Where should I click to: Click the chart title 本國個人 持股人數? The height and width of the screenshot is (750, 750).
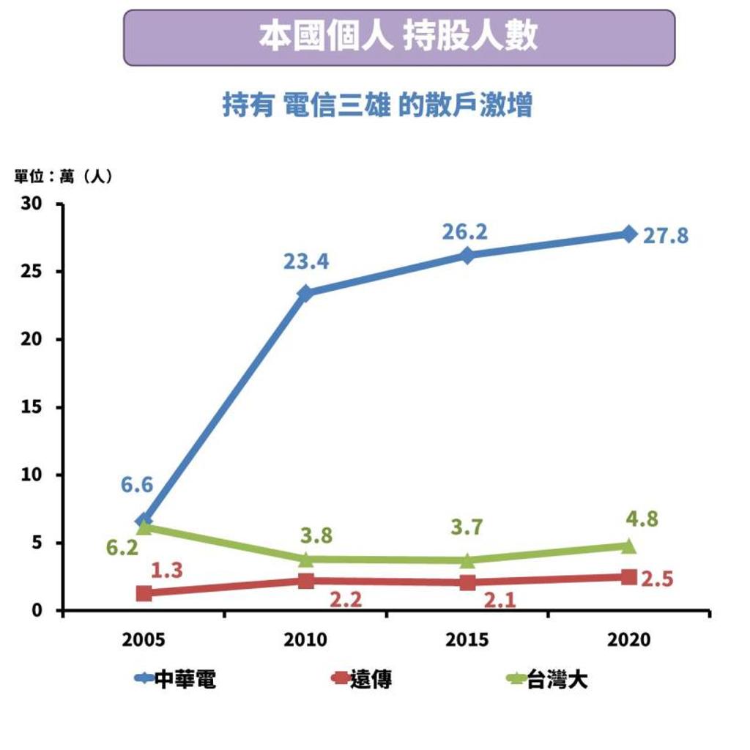(x=398, y=37)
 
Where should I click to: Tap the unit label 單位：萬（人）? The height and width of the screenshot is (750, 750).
(x=64, y=177)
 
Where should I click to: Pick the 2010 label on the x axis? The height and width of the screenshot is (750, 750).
(x=305, y=640)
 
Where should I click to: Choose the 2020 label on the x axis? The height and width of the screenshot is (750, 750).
(x=629, y=640)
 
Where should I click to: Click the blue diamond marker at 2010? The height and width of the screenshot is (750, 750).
(x=306, y=293)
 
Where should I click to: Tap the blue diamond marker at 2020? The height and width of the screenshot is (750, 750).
(x=629, y=234)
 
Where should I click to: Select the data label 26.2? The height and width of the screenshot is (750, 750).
(x=464, y=232)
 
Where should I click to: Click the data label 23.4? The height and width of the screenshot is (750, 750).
(x=306, y=261)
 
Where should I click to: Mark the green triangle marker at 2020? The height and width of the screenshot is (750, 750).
(x=629, y=546)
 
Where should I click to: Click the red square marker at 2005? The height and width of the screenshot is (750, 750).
(x=144, y=593)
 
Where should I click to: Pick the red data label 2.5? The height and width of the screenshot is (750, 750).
(x=656, y=579)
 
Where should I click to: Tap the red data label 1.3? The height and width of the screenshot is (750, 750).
(x=166, y=571)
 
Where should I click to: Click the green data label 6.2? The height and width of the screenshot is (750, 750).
(x=122, y=547)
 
